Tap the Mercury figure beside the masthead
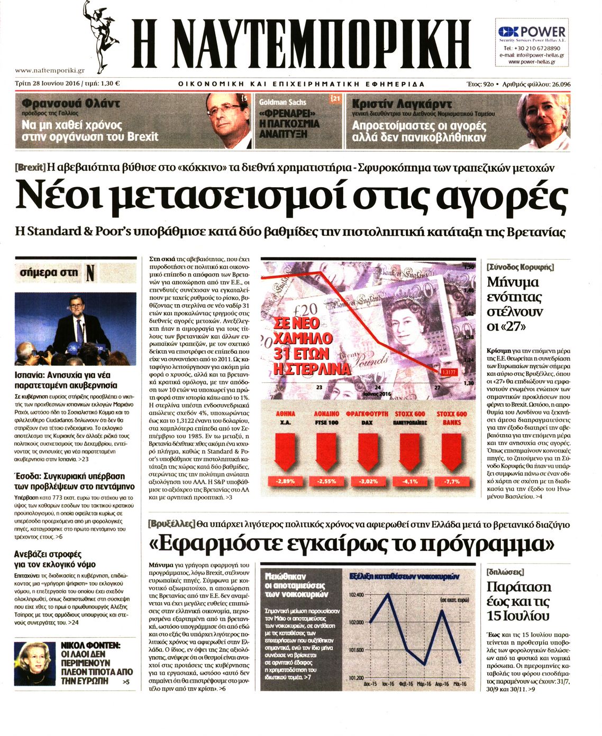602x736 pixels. [101, 35]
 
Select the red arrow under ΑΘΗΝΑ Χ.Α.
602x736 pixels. [285, 452]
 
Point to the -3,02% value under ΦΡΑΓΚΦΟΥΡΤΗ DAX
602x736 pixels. [368, 481]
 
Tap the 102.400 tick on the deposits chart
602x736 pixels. [357, 595]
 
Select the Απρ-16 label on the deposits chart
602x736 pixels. [442, 684]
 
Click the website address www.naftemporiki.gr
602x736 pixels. [50, 70]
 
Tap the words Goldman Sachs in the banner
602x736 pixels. [282, 102]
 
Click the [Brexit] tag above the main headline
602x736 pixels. [30, 168]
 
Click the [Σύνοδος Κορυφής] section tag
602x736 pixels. [520, 267]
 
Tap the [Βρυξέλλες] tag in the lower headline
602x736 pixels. [171, 525]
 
